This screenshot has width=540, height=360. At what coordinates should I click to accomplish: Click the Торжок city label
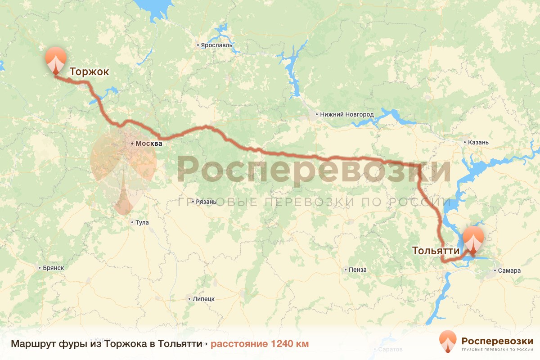pos(89,72)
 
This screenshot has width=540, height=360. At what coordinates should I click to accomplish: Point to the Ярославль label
pos(216,45)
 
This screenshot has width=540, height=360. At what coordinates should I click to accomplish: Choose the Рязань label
pos(206,202)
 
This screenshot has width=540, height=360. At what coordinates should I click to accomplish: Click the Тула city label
pos(142,222)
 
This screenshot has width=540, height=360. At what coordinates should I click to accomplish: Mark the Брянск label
pos(54,268)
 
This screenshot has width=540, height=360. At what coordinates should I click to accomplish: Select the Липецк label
pos(203,299)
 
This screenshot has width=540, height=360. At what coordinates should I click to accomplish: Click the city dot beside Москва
pos(132,144)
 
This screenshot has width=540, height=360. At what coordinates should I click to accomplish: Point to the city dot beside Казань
pos(465,142)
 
